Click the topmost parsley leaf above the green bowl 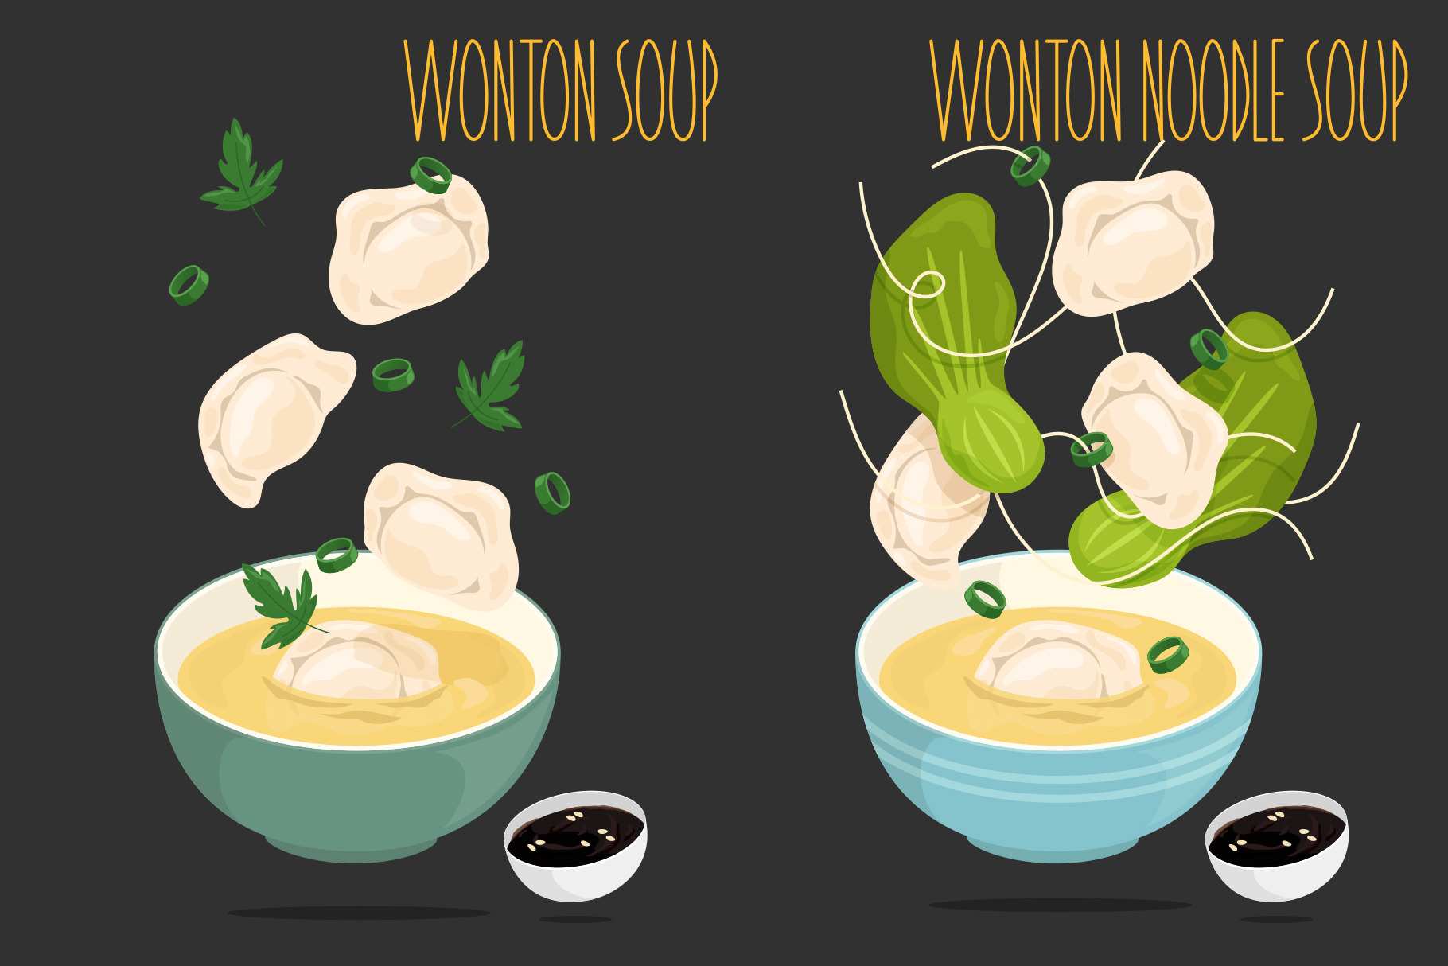click(241, 172)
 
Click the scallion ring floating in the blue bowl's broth click(1168, 655)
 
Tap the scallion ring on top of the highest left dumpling click(430, 174)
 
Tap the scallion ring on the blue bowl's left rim click(985, 599)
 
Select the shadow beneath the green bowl click(359, 913)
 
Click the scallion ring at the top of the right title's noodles click(1030, 166)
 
